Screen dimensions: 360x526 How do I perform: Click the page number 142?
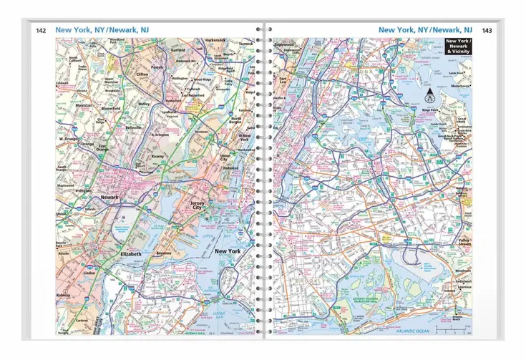pos(42,30)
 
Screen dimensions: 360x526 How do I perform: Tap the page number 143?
pos(487,30)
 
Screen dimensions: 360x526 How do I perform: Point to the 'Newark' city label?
pos(109,197)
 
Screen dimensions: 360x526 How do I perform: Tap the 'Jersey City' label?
pos(198,205)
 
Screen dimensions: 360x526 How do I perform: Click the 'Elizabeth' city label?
pos(131,254)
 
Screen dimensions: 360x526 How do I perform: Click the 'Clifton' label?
pos(142,74)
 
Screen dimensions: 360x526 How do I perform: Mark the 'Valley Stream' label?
pos(464,242)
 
